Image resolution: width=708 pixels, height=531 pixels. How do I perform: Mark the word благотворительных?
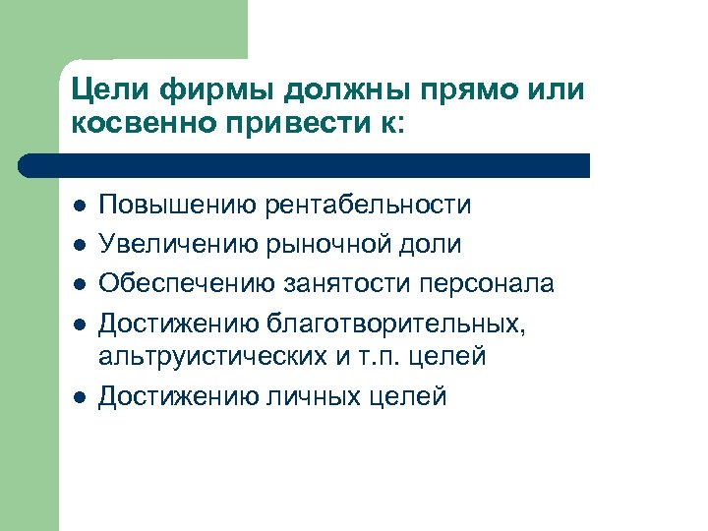pos(410,321)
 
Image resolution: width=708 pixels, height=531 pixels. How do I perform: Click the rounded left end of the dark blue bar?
pos(41,165)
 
